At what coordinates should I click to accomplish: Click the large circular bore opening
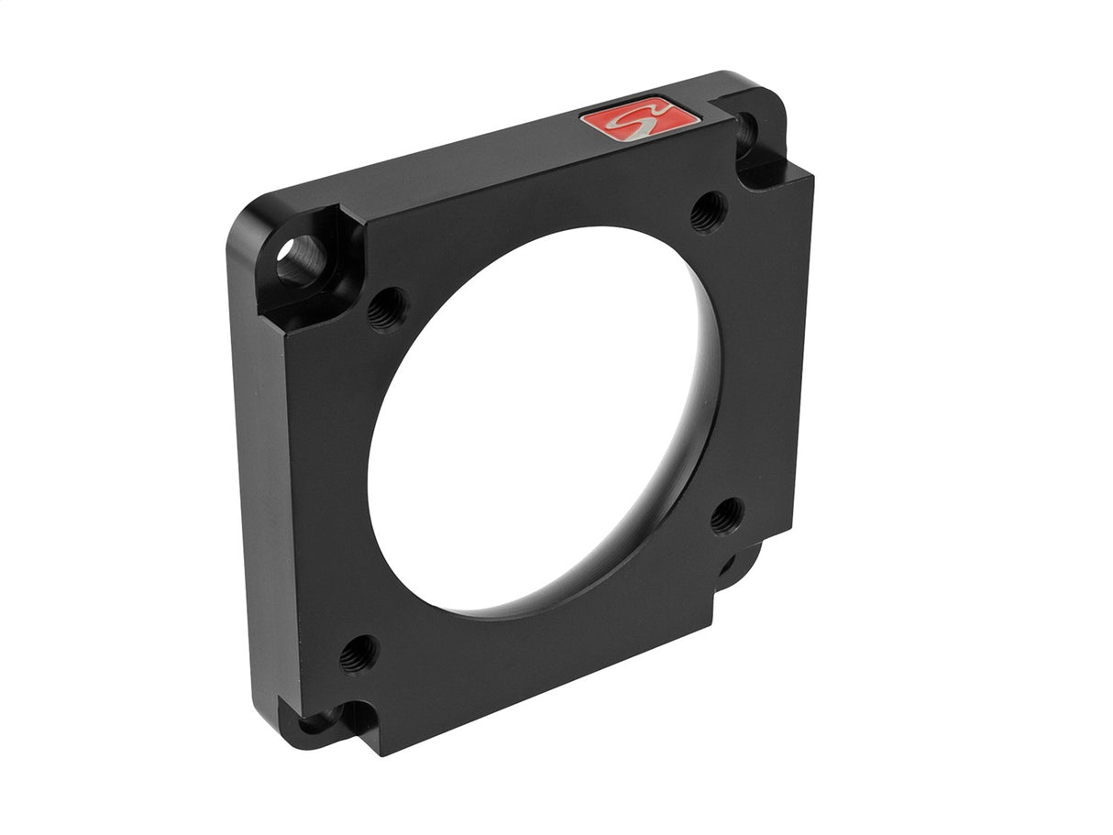(541, 422)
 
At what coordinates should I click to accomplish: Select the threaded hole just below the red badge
(709, 212)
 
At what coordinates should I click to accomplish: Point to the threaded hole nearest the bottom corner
(358, 654)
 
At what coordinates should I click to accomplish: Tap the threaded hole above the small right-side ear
(727, 515)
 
